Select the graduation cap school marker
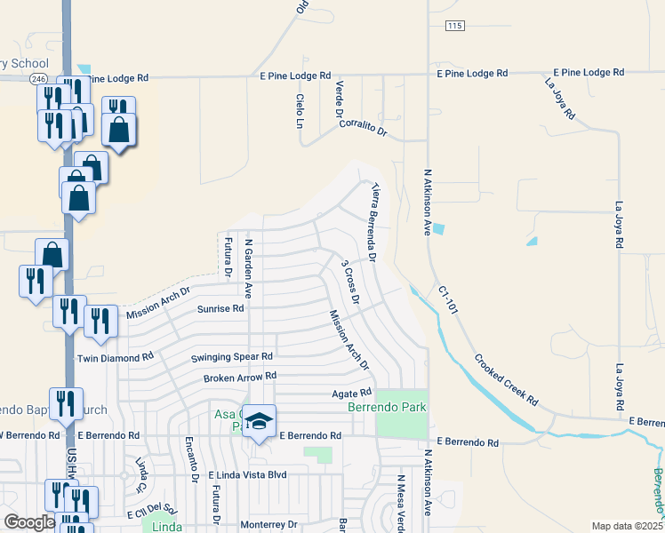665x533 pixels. click(x=260, y=420)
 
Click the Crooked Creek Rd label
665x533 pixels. click(x=506, y=382)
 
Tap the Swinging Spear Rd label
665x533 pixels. click(x=232, y=356)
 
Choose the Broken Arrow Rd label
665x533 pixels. click(x=240, y=376)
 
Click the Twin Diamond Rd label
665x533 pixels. click(x=116, y=357)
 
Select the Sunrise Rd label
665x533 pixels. click(x=220, y=309)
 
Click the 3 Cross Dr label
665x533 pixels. click(x=350, y=282)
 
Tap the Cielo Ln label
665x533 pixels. click(x=300, y=111)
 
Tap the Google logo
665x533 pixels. click(x=29, y=522)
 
